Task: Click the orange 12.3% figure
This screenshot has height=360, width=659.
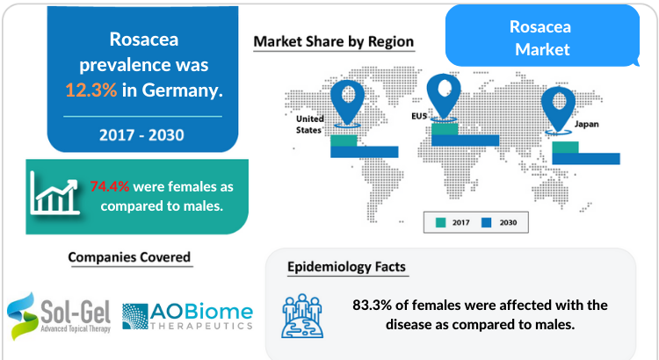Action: pos(91,90)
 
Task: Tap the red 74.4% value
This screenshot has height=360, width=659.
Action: pos(110,186)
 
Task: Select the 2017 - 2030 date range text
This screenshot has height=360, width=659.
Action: pos(141,135)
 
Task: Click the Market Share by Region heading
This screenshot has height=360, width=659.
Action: pos(334,41)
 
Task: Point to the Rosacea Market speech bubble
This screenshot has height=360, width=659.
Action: pos(542,36)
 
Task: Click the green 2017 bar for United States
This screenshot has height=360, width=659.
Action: pos(344,140)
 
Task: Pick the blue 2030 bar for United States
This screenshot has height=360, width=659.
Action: pos(365,152)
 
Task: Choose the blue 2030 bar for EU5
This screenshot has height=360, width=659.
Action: pos(465,140)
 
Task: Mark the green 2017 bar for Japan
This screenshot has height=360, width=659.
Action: pos(565,148)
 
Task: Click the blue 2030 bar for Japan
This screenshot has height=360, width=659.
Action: pos(586,158)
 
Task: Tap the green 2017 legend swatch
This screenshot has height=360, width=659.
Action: pos(440,223)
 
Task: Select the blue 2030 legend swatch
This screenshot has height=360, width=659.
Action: pos(486,223)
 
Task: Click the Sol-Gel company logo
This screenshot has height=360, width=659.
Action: pos(59,316)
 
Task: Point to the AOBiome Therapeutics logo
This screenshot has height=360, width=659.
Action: pos(187,316)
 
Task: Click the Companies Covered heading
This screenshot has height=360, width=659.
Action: pos(129,257)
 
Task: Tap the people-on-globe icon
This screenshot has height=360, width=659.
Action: pos(302,316)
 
